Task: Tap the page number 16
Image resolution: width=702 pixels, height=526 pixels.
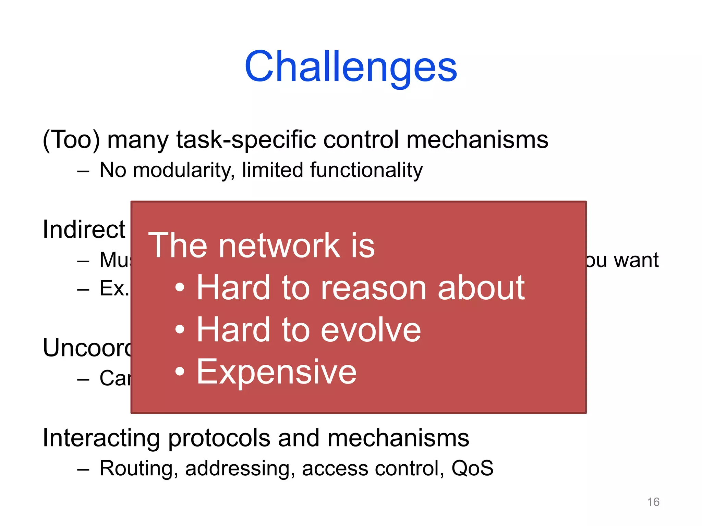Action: pyautogui.click(x=653, y=502)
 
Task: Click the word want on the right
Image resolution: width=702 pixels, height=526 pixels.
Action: pyautogui.click(x=636, y=260)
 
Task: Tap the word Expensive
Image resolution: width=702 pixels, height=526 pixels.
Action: pyautogui.click(x=276, y=372)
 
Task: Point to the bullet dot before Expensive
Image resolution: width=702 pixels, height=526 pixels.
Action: pyautogui.click(x=180, y=372)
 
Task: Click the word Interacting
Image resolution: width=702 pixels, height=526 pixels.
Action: pyautogui.click(x=101, y=438)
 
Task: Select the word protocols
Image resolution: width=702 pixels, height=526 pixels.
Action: pyautogui.click(x=219, y=438)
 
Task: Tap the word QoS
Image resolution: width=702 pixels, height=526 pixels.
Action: pyautogui.click(x=472, y=468)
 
